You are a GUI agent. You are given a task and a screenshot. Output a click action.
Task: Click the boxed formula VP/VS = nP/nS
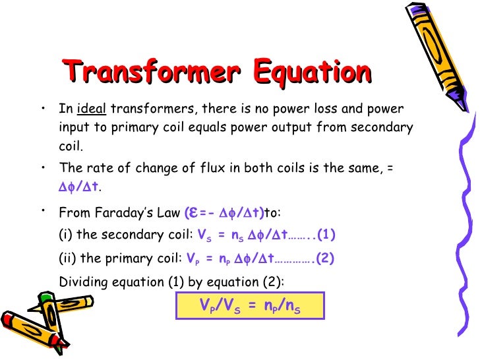pos(250,305)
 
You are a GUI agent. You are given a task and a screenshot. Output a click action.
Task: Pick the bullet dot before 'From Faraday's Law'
pos(42,210)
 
